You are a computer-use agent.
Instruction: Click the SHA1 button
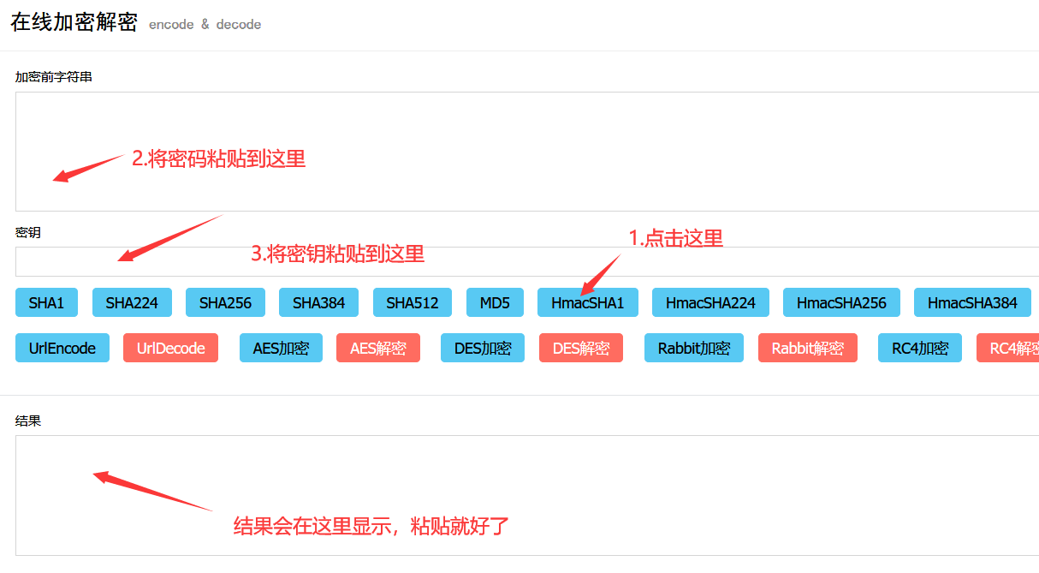click(x=46, y=302)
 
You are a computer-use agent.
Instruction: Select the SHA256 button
click(x=225, y=302)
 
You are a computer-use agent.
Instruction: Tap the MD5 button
click(x=495, y=302)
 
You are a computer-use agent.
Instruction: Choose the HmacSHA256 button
click(x=841, y=302)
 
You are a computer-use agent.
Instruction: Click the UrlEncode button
click(x=62, y=348)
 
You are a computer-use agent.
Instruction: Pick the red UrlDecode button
click(x=170, y=348)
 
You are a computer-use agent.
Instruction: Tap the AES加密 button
click(x=281, y=348)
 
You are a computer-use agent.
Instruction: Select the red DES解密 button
click(x=581, y=348)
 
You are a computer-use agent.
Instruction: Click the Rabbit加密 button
click(x=694, y=348)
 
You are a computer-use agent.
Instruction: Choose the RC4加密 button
click(x=920, y=348)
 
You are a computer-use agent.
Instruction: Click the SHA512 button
click(x=412, y=302)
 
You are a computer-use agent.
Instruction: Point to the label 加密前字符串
click(x=54, y=77)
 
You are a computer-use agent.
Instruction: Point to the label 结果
click(x=28, y=421)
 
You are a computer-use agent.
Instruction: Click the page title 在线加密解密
click(x=74, y=23)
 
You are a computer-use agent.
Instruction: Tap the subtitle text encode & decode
click(x=205, y=25)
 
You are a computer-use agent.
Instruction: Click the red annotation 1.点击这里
click(x=676, y=239)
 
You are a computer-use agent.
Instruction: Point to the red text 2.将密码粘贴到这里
click(x=218, y=158)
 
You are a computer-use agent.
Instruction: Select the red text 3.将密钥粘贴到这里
click(x=337, y=254)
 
